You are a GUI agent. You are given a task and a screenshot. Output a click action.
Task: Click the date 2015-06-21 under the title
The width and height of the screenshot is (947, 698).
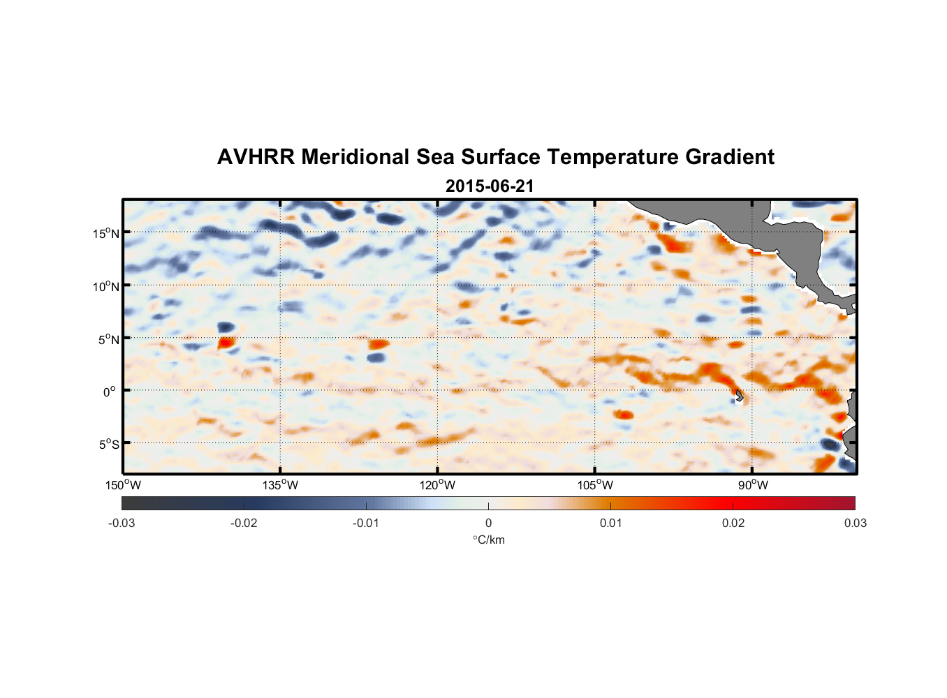pos(489,186)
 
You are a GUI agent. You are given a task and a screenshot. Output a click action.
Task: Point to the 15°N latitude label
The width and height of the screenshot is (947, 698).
pos(106,233)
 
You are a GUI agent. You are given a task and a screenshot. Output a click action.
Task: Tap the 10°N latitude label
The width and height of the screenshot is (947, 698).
pos(106,286)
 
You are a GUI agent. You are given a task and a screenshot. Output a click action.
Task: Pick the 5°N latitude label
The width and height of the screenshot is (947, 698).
pos(108,339)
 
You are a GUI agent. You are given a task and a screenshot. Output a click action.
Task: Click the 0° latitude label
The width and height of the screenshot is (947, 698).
pos(110,392)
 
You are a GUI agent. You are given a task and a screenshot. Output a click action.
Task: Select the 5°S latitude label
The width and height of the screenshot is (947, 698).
pos(108,445)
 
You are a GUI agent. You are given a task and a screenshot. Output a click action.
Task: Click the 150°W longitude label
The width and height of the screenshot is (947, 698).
pos(123,485)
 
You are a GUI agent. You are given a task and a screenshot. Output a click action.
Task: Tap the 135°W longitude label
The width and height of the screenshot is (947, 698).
pos(281,485)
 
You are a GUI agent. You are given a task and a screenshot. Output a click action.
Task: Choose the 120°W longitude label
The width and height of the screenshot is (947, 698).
pos(438,485)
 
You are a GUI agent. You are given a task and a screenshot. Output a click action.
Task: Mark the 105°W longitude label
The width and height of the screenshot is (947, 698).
pos(595,485)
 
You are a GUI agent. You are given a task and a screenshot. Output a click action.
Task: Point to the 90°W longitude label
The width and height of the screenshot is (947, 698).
pos(753,485)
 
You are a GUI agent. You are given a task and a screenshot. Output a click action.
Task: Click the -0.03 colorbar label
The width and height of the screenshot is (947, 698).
pos(122,523)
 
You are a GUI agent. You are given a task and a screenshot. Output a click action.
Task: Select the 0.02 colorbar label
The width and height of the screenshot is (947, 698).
pos(733,523)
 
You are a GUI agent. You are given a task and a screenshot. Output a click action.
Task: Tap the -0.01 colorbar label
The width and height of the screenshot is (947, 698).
pos(366,523)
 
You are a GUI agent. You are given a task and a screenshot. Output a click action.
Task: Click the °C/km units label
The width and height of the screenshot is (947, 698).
pos(488,540)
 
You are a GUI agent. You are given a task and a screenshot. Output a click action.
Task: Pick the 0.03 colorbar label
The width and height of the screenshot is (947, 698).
pos(855,523)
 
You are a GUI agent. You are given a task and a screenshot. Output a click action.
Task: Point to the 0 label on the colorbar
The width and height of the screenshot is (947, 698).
pos(488,523)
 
